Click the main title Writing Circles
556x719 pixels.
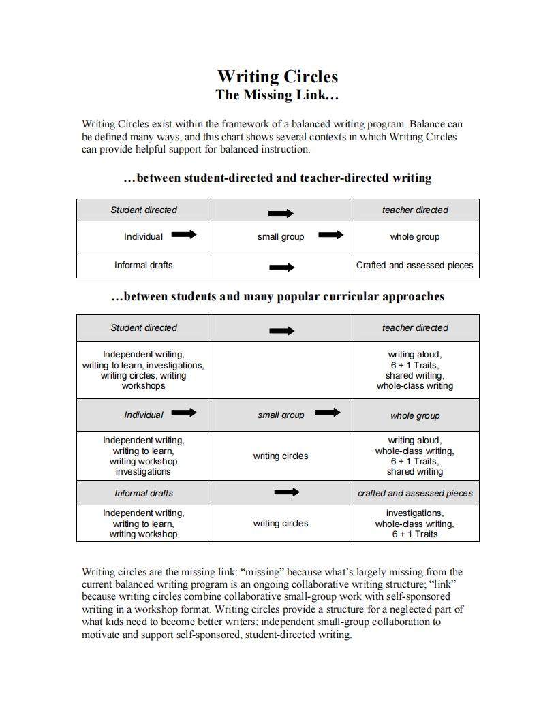[277, 76]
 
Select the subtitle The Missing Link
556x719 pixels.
[277, 95]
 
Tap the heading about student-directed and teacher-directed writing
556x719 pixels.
[277, 178]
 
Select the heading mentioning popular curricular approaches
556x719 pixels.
[277, 297]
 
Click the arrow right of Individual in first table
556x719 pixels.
[183, 235]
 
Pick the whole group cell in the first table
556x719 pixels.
[414, 237]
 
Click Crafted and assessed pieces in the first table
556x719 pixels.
[414, 266]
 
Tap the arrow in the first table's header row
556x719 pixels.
[281, 213]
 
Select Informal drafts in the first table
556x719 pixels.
[144, 266]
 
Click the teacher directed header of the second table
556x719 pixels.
[414, 328]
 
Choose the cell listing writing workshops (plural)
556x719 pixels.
[144, 370]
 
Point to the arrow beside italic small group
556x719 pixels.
[328, 412]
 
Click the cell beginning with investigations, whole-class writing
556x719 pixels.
[414, 524]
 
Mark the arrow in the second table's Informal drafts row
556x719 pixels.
[286, 492]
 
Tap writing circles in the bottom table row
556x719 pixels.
[281, 524]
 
